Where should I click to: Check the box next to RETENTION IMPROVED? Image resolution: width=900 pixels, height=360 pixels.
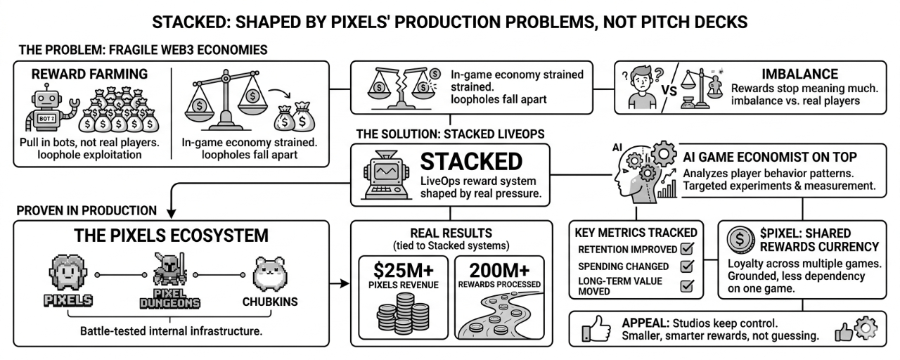click(x=688, y=249)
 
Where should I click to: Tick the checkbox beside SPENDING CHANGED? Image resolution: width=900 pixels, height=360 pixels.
click(x=688, y=267)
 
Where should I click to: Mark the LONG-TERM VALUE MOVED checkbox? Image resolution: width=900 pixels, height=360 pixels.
click(x=688, y=286)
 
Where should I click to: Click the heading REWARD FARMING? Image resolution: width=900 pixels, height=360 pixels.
click(x=89, y=74)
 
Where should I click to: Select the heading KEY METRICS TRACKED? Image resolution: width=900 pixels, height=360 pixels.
click(x=636, y=233)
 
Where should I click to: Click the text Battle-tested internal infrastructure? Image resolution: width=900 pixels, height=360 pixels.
click(x=172, y=331)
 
